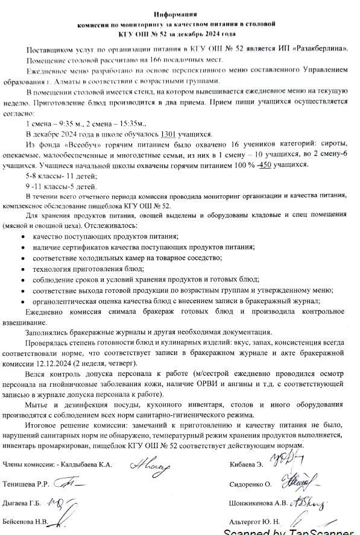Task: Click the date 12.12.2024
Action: pos(58,364)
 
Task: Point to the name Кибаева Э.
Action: pos(245,465)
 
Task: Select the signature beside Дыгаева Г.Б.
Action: pos(59,502)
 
